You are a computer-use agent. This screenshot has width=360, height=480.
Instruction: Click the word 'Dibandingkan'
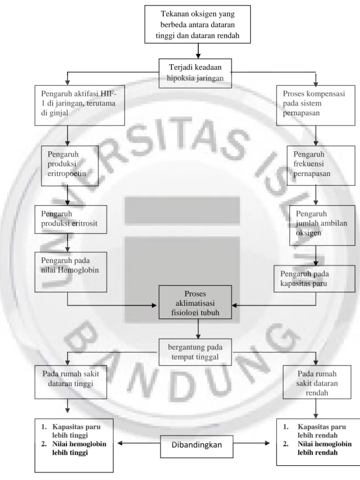click(x=197, y=445)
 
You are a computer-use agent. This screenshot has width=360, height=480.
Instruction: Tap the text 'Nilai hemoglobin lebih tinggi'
click(x=74, y=448)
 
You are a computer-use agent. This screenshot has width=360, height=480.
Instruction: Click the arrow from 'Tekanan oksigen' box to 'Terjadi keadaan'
click(x=198, y=51)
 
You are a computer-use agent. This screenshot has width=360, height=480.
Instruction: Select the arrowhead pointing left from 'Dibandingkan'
click(x=120, y=443)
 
